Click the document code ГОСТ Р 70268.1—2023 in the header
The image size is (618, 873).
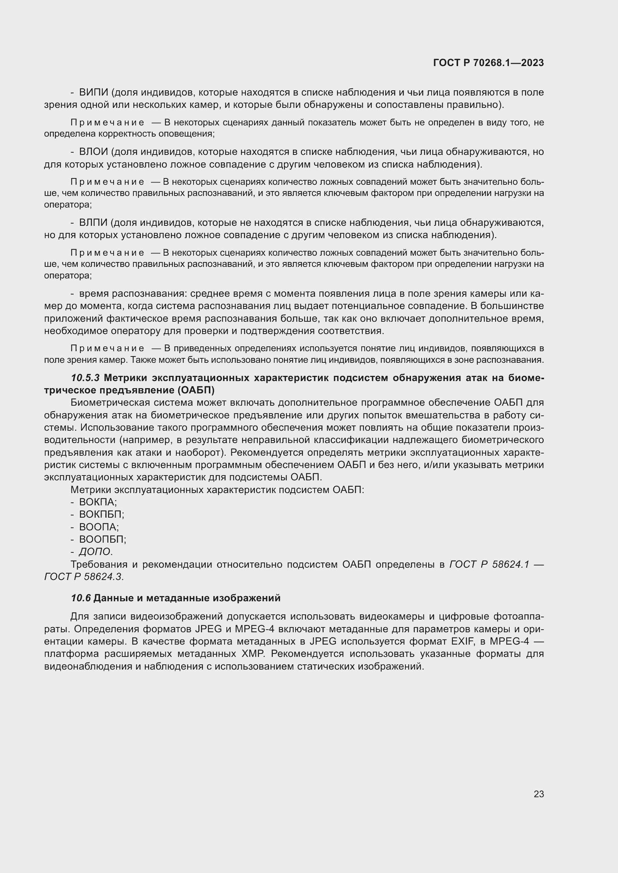coord(488,63)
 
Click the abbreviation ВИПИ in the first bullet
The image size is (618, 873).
coord(94,93)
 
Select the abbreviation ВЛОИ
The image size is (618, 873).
coord(94,152)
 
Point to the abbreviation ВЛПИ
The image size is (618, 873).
coord(93,223)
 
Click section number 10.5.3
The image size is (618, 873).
coord(85,378)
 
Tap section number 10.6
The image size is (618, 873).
coord(81,598)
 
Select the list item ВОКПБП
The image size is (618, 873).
coord(101,514)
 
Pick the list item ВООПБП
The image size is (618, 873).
coord(102,539)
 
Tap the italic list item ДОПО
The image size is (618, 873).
coord(96,552)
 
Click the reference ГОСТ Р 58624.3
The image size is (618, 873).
coord(84,577)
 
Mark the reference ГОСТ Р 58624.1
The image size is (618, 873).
coord(489,564)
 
